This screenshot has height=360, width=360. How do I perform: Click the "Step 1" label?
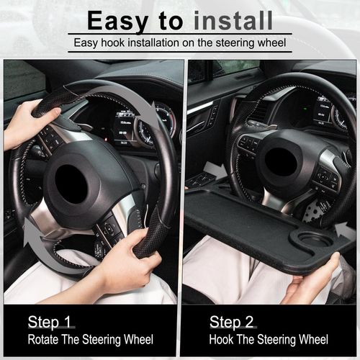pyautogui.click(x=50, y=321)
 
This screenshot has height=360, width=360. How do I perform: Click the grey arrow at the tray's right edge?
pyautogui.click(x=345, y=231)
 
